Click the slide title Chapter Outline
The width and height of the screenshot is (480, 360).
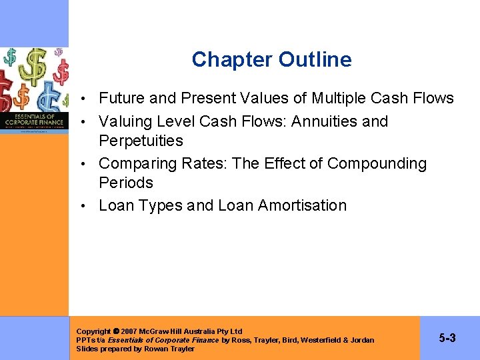click(271, 60)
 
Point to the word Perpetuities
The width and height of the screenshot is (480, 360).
click(141, 141)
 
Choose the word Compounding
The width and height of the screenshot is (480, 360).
click(377, 163)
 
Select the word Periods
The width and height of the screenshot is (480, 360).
click(126, 183)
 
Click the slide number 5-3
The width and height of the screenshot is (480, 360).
click(447, 338)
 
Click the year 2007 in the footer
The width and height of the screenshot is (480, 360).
click(130, 331)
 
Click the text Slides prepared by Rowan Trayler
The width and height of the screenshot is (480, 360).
click(135, 349)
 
